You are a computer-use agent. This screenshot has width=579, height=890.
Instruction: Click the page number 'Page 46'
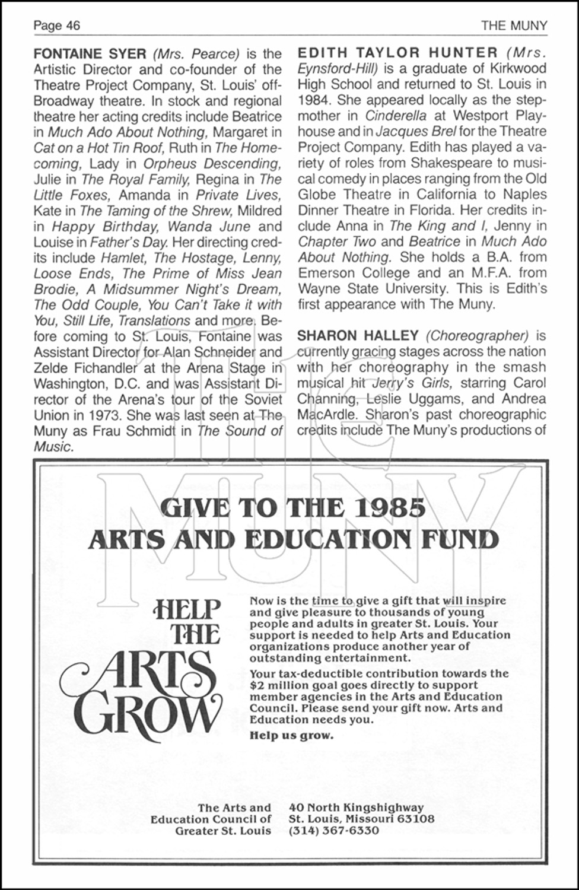(x=57, y=26)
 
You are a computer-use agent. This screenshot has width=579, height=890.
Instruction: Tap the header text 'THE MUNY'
(x=514, y=26)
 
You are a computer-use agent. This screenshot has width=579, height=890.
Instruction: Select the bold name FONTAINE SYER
(x=90, y=53)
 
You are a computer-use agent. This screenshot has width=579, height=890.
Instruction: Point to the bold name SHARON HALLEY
(x=358, y=336)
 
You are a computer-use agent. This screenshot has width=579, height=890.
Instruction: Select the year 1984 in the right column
(x=314, y=100)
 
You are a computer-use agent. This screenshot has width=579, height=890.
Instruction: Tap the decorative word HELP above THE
(x=187, y=610)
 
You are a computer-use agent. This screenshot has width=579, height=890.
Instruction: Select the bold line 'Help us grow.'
(x=291, y=736)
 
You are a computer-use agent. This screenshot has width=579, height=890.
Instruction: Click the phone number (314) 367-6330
(x=333, y=831)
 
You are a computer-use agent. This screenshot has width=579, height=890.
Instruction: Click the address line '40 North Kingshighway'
(x=356, y=808)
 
